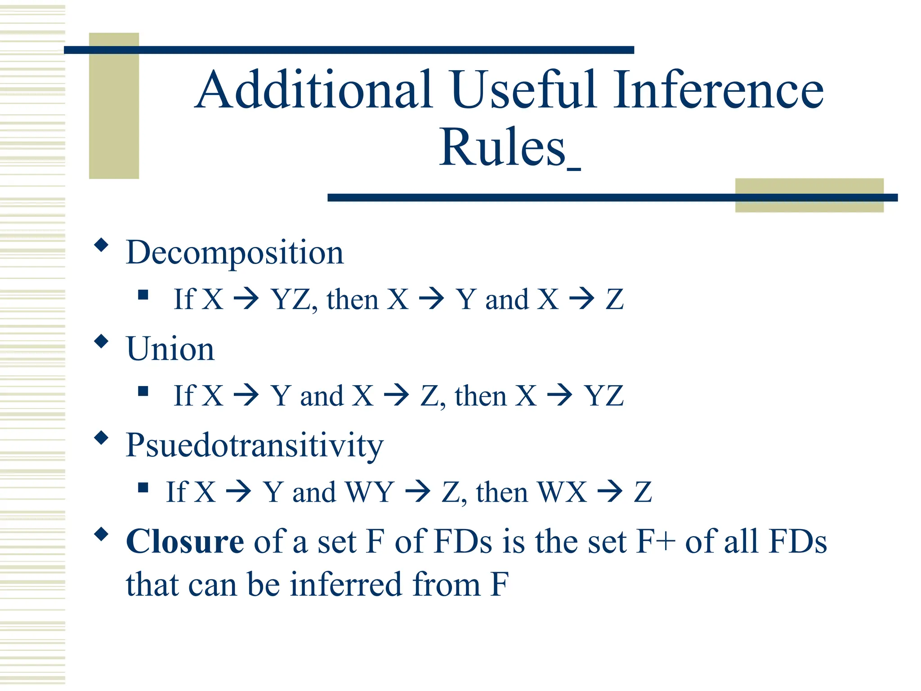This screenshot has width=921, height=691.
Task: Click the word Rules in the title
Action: click(502, 148)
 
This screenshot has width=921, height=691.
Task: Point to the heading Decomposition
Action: click(235, 253)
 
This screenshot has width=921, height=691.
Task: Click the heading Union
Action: click(170, 349)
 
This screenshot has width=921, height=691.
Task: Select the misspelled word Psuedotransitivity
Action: click(255, 445)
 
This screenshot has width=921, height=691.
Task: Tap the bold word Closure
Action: click(185, 542)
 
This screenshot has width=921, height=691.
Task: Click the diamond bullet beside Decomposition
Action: click(102, 245)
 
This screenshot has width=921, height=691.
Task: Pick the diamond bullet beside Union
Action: click(102, 341)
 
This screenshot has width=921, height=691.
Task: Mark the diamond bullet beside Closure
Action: click(102, 534)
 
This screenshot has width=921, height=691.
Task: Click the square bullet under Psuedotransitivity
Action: click(143, 488)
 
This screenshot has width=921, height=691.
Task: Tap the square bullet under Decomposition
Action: click(143, 295)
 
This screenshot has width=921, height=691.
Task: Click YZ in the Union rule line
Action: click(604, 396)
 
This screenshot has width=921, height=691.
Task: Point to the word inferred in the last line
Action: click(345, 585)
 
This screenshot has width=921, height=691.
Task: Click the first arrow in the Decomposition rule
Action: click(246, 299)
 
